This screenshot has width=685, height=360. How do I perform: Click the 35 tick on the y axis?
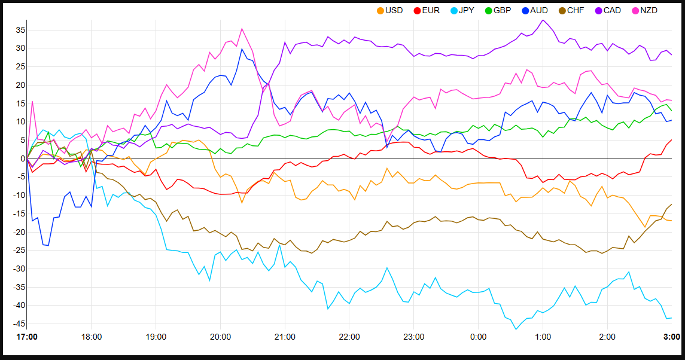point(20,29)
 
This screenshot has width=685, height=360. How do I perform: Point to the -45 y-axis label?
point(18,324)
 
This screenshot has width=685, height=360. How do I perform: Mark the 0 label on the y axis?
point(22,158)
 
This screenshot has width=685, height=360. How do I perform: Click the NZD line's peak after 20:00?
point(242,28)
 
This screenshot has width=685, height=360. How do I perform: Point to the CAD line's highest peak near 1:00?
point(543,20)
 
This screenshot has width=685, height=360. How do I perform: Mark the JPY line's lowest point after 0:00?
point(516,329)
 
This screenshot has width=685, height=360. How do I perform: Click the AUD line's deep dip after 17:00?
point(47,245)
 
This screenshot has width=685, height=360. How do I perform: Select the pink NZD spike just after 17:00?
point(32,101)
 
